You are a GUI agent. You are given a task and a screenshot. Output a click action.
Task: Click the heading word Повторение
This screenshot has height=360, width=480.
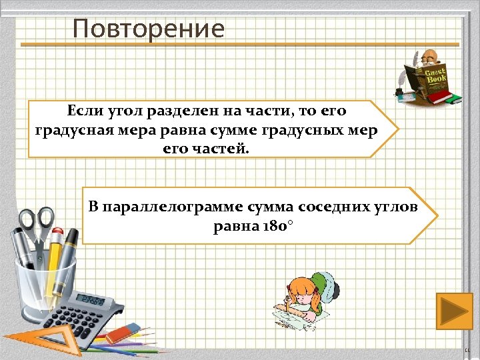149,29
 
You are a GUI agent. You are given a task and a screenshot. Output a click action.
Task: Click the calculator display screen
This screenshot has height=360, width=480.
91,299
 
